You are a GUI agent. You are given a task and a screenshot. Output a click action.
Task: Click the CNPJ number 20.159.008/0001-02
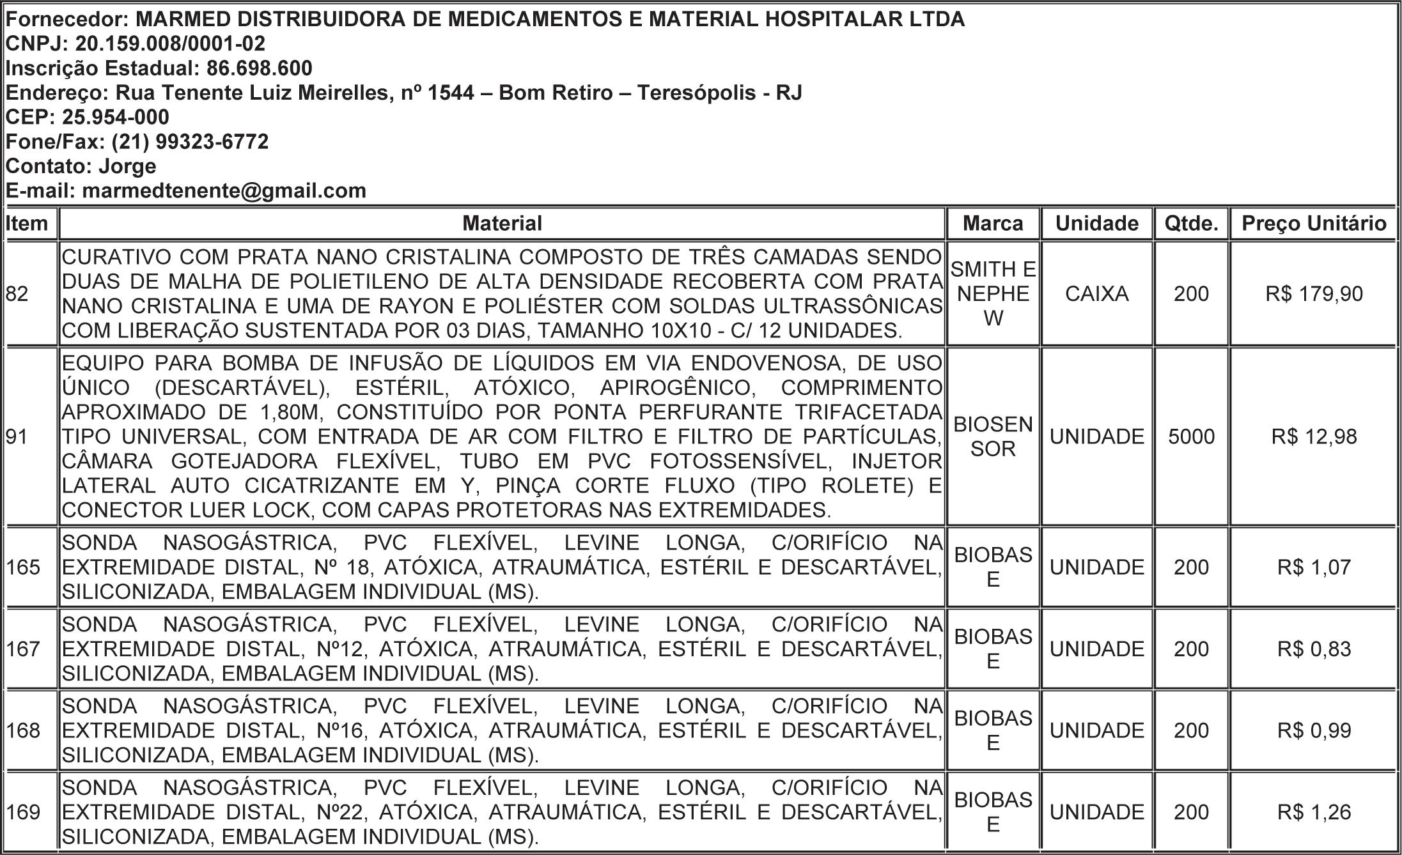pyautogui.click(x=170, y=44)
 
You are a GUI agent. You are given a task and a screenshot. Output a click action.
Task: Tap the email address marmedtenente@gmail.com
pyautogui.click(x=224, y=191)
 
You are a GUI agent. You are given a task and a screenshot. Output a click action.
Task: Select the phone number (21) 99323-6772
pyautogui.click(x=190, y=142)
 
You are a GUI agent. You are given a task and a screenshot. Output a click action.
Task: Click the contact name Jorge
pyautogui.click(x=127, y=166)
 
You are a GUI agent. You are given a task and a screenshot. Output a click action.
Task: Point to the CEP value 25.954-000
pyautogui.click(x=116, y=118)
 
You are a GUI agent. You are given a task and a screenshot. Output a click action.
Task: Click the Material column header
pyautogui.click(x=502, y=224)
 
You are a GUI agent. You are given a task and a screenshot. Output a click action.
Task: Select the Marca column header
pyautogui.click(x=993, y=224)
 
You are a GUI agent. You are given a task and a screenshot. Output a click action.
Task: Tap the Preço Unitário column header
pyautogui.click(x=1314, y=224)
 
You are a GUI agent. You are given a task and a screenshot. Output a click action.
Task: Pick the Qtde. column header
pyautogui.click(x=1191, y=224)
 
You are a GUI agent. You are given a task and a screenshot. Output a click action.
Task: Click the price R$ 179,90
pyautogui.click(x=1314, y=294)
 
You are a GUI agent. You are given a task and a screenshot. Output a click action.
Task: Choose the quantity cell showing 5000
pyautogui.click(x=1191, y=437)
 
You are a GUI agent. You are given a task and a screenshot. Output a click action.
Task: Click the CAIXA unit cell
pyautogui.click(x=1096, y=294)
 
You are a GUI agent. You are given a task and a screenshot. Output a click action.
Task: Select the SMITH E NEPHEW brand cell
pyautogui.click(x=993, y=294)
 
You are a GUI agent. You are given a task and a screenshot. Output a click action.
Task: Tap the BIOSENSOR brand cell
pyautogui.click(x=993, y=437)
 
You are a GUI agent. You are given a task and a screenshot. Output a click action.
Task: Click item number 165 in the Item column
pyautogui.click(x=24, y=567)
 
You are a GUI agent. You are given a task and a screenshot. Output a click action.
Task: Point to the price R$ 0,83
pyautogui.click(x=1314, y=649)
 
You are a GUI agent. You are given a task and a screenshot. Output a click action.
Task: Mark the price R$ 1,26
pyautogui.click(x=1314, y=812)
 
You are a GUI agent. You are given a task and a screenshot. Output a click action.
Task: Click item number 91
pyautogui.click(x=17, y=437)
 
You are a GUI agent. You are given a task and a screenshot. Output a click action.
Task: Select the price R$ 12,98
pyautogui.click(x=1314, y=437)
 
